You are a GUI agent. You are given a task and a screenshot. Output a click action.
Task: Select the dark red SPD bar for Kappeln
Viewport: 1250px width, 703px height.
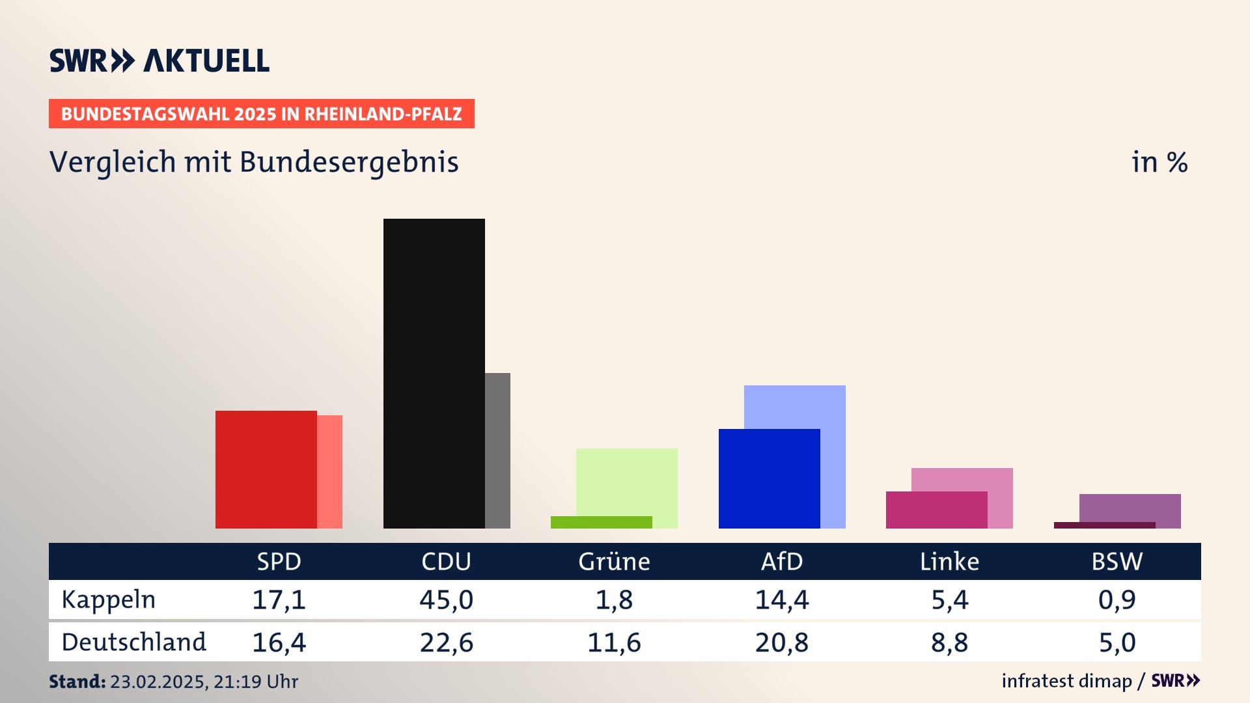pyautogui.click(x=266, y=469)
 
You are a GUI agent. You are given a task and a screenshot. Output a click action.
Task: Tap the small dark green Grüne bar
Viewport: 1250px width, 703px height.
pyautogui.click(x=601, y=522)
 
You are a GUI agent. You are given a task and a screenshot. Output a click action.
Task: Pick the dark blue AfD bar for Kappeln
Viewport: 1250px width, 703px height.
pyautogui.click(x=769, y=478)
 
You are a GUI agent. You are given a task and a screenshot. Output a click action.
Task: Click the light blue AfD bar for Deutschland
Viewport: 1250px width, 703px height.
pyautogui.click(x=796, y=406)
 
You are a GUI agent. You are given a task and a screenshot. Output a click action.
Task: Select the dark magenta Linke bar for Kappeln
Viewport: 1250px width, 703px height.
pyautogui.click(x=936, y=510)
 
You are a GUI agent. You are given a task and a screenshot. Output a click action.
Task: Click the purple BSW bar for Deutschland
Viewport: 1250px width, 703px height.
pyautogui.click(x=1130, y=507)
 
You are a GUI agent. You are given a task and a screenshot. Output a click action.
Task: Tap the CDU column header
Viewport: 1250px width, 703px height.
pyautogui.click(x=446, y=562)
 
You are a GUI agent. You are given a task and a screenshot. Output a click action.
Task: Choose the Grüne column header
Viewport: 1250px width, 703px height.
pyautogui.click(x=614, y=562)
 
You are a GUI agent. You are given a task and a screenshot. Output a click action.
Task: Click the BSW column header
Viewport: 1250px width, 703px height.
pyautogui.click(x=1117, y=562)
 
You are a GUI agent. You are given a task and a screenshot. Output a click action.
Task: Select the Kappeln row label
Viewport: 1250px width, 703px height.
pyautogui.click(x=109, y=600)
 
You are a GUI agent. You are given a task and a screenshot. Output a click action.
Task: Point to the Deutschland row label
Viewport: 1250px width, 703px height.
pyautogui.click(x=133, y=642)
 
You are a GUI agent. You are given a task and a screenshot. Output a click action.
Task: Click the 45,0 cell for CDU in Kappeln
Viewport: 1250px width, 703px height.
pyautogui.click(x=446, y=600)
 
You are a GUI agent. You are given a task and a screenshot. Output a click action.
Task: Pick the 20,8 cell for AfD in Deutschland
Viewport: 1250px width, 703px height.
pyautogui.click(x=781, y=642)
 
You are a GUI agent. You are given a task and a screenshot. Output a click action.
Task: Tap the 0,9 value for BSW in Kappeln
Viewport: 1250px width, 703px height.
pyautogui.click(x=1117, y=600)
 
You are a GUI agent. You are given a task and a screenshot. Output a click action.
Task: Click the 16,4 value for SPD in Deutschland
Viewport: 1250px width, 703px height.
pyautogui.click(x=279, y=642)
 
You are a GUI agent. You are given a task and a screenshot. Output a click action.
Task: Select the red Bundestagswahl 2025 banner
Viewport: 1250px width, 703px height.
pyautogui.click(x=261, y=114)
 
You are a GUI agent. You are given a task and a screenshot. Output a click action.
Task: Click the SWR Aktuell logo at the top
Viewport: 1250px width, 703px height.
pyautogui.click(x=160, y=61)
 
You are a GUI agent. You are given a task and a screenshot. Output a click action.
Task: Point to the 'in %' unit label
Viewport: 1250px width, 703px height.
pyautogui.click(x=1160, y=163)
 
